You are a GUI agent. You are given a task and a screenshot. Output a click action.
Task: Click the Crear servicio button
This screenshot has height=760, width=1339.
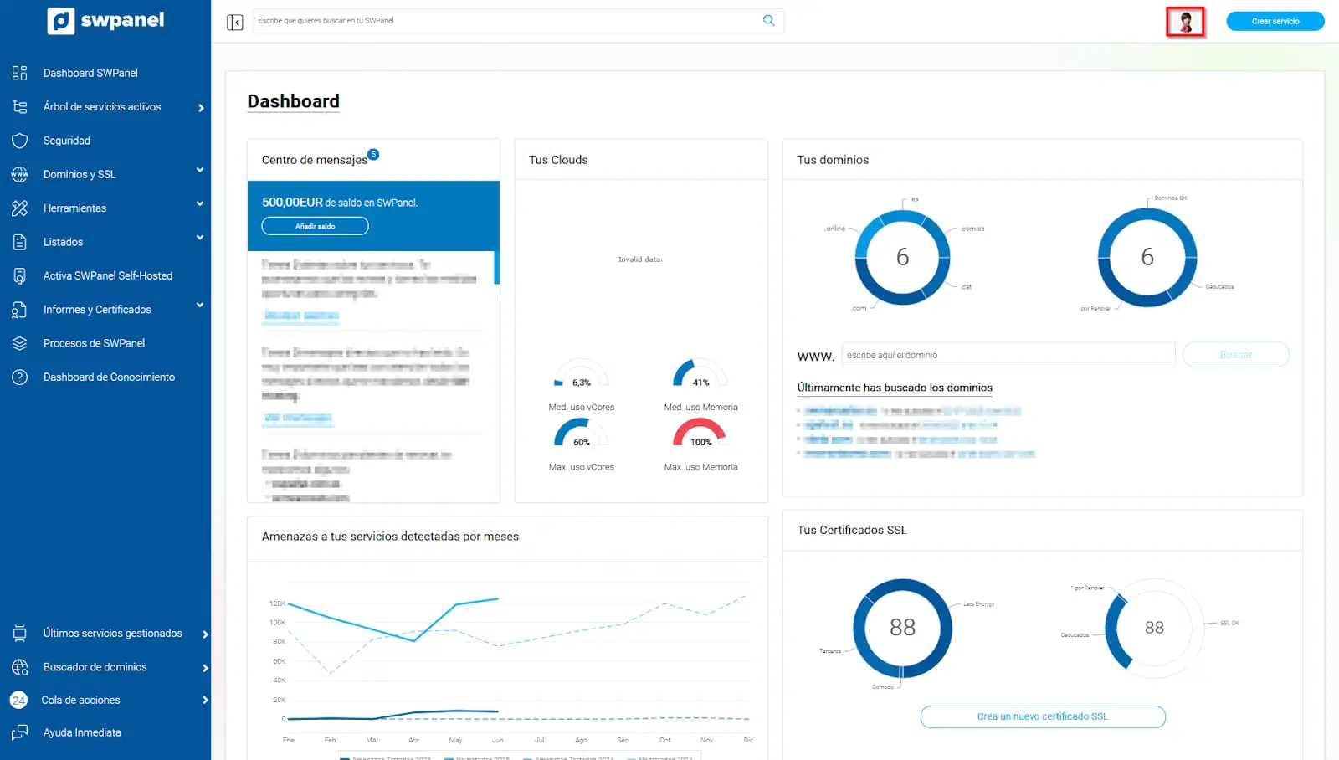tap(1275, 21)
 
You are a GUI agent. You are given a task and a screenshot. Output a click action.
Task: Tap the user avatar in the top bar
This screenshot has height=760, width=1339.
tap(1185, 22)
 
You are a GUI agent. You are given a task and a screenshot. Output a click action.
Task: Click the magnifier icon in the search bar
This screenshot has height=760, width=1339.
tap(768, 21)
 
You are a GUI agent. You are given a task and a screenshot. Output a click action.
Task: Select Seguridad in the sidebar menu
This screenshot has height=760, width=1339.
tap(67, 141)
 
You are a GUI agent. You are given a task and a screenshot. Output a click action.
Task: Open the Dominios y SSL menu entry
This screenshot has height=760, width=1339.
tap(80, 174)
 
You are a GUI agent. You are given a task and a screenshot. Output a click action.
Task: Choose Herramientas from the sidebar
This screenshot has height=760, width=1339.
tap(74, 208)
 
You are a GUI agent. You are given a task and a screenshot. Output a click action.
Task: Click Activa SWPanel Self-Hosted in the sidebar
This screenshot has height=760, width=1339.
tap(107, 275)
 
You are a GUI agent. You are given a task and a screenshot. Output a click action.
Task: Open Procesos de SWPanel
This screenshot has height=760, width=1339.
tap(94, 343)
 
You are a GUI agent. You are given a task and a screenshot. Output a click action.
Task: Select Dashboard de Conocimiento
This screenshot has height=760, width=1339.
tap(109, 377)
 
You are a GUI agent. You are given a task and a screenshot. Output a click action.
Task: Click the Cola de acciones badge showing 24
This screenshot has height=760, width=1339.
tap(18, 701)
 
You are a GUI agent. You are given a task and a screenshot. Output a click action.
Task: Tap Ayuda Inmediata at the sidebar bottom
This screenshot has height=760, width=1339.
tap(82, 732)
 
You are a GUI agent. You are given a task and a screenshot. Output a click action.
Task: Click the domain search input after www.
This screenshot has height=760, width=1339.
tap(1008, 355)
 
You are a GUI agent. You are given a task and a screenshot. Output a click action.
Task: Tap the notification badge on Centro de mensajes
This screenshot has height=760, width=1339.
tap(373, 154)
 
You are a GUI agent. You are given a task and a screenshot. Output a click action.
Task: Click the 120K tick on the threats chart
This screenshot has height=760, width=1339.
tap(277, 603)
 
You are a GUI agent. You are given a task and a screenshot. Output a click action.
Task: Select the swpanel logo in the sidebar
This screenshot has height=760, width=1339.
tap(106, 20)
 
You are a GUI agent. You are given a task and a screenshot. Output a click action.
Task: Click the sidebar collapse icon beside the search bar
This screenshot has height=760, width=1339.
tap(234, 22)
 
